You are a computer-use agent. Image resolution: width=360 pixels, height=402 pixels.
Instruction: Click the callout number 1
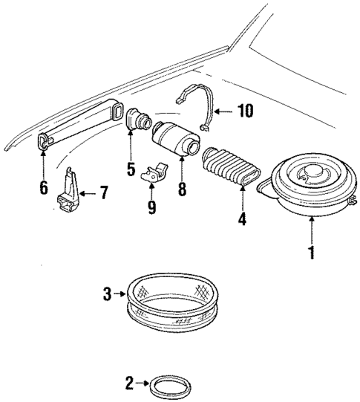click(x=312, y=253)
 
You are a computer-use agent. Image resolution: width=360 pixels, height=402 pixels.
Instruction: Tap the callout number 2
click(x=129, y=384)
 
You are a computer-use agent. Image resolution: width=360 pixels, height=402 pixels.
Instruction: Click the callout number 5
click(x=130, y=169)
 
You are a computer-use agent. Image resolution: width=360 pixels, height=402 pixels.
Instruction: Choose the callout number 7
click(x=103, y=195)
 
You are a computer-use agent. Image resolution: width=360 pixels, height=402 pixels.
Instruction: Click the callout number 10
click(x=244, y=111)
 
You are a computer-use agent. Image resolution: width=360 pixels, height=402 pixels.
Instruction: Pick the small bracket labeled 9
click(x=154, y=175)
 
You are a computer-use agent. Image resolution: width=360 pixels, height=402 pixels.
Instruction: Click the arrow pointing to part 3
click(x=119, y=295)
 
